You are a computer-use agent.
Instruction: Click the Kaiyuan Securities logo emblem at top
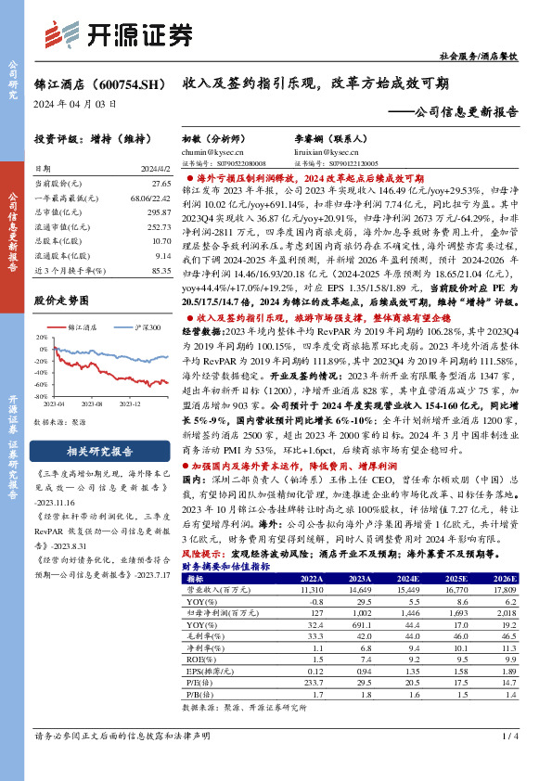(62, 37)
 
